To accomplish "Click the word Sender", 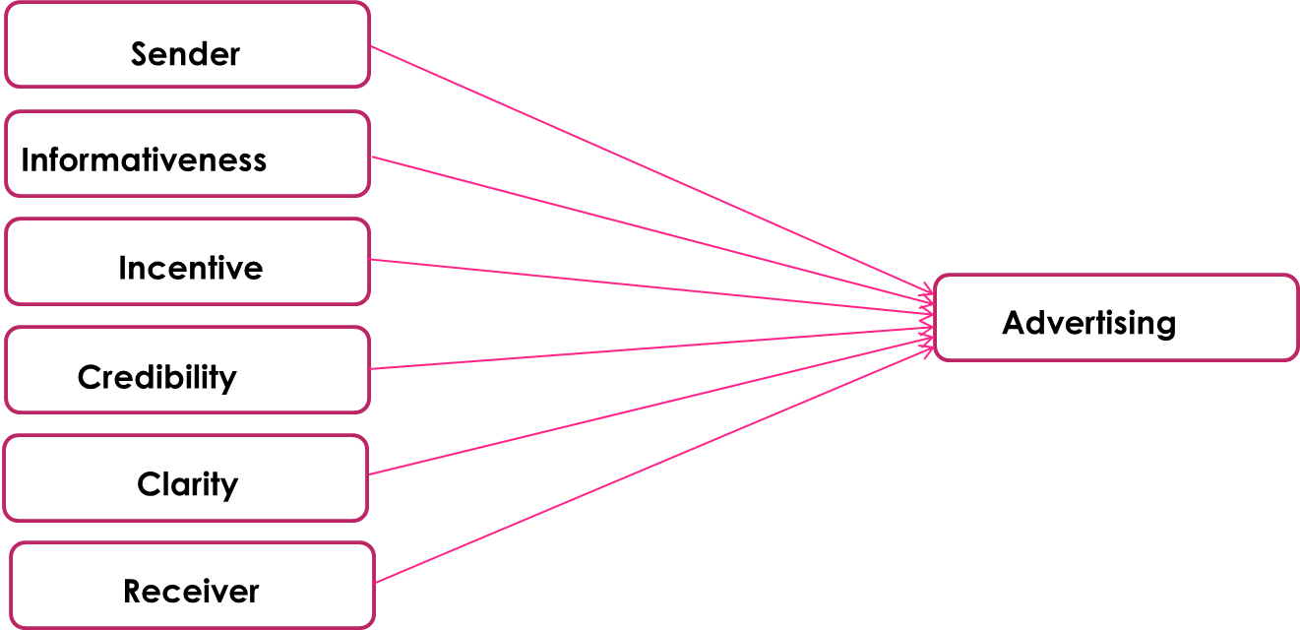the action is coord(185,54).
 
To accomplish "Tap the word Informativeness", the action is coord(144,159).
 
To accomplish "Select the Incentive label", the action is coord(190,268).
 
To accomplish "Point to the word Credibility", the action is coord(156,377).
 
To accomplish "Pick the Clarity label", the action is coord(187,484).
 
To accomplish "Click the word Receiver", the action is coord(191,592).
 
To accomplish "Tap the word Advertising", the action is coord(1088,323).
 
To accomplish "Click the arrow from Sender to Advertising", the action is coord(650,169).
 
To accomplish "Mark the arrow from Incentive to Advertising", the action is coord(650,286).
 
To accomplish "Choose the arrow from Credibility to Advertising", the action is coord(650,349).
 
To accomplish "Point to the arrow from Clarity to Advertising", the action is coord(650,406).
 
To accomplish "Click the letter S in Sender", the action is coord(139,54).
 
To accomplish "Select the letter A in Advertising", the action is coord(1013,323).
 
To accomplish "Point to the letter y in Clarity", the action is coord(230,487).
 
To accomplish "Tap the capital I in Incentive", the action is coord(122,268).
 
